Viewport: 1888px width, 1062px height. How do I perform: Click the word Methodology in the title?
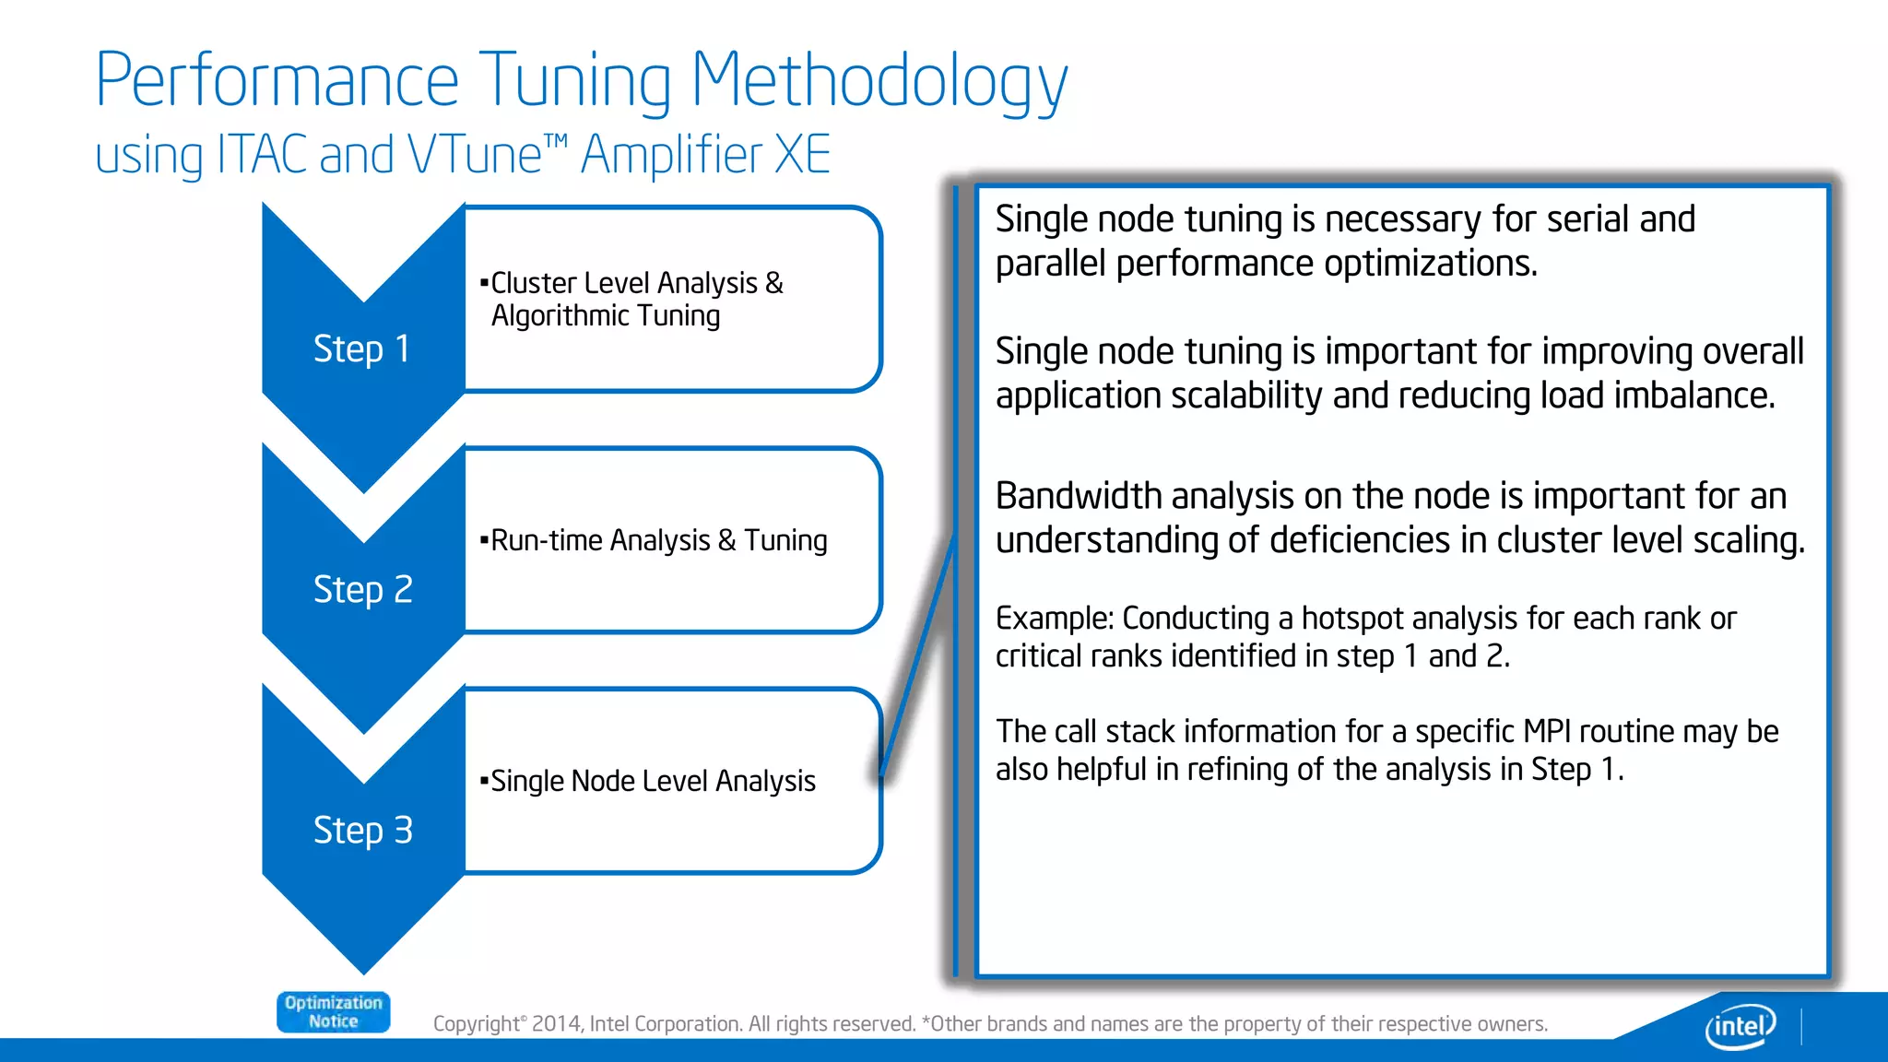879,81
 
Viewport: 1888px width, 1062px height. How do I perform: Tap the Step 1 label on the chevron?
361,349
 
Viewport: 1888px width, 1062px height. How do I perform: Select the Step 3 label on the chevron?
362,831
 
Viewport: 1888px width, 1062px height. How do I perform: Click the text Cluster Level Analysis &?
636,283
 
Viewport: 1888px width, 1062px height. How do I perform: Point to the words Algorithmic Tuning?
606,316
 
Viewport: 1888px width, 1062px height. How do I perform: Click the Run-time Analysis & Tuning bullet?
658,540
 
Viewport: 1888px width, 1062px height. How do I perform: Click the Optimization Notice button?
333,1012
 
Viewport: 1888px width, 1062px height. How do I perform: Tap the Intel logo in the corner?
1740,1025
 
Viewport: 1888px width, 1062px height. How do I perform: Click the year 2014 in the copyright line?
556,1024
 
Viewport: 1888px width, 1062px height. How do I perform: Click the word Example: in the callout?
1055,619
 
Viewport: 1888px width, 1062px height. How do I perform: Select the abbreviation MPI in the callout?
1546,732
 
